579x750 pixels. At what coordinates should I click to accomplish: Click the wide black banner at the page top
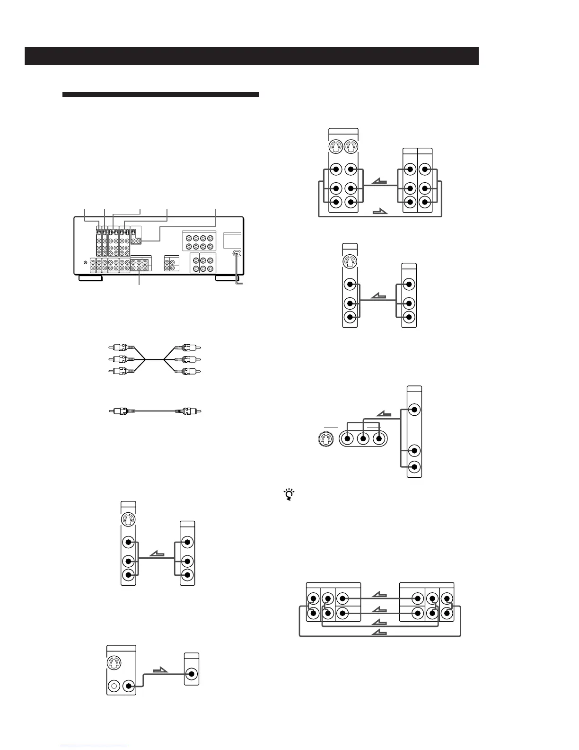(252, 56)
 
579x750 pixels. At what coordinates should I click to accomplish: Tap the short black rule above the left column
(161, 95)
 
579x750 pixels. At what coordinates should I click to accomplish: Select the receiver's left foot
(90, 278)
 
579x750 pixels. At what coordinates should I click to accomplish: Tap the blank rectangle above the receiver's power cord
(232, 240)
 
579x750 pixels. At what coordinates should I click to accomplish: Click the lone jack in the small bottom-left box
(192, 674)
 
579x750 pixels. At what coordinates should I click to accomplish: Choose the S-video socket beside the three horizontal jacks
(326, 438)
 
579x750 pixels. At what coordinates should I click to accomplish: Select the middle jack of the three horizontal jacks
(363, 438)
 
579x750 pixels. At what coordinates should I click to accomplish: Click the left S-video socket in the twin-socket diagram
(336, 147)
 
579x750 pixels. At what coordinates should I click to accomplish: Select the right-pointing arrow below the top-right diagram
(380, 212)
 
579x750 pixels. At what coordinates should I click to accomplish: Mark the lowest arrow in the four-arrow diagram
(380, 633)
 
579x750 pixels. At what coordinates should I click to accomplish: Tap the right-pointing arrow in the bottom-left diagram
(160, 670)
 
